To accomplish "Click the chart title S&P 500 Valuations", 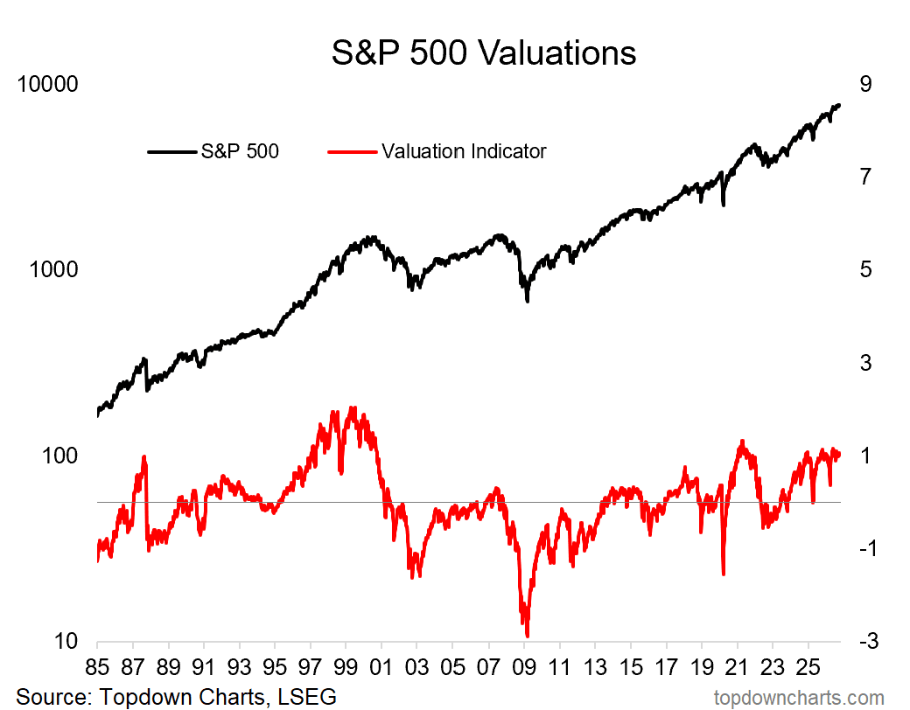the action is (483, 53).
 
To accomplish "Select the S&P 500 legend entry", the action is (213, 151).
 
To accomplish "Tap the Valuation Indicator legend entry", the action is (437, 151).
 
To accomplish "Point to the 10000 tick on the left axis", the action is (47, 84).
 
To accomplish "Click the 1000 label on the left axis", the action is (53, 269).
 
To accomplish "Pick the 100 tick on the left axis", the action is (59, 456).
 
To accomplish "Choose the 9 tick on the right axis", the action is (865, 84).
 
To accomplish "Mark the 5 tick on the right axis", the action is (865, 269).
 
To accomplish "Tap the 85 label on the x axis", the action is (97, 667).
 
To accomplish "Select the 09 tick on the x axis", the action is (524, 667).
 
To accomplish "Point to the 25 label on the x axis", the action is (808, 667).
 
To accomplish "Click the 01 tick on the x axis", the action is (381, 667).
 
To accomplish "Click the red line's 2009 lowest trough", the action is (527, 636).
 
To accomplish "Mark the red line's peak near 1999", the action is (353, 407).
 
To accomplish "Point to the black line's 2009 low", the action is (527, 301).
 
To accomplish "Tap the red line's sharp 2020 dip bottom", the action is (724, 574).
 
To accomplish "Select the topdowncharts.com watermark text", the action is (799, 698).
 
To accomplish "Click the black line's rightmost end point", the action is (839, 105).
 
